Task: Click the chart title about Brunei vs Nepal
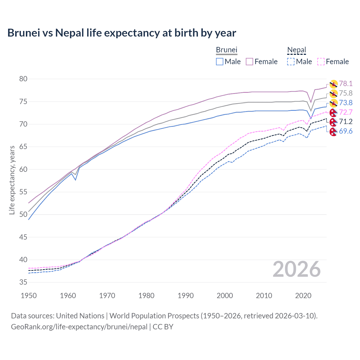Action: [x=121, y=33]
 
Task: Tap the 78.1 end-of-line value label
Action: [x=346, y=84]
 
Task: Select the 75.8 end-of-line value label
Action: [x=346, y=93]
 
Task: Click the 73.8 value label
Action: [x=346, y=103]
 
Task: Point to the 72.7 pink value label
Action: [x=346, y=112]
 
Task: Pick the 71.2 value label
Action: [x=346, y=121]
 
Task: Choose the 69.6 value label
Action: [x=346, y=131]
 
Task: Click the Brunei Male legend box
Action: [x=220, y=62]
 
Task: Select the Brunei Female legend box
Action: [x=249, y=62]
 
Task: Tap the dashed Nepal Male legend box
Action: [x=291, y=62]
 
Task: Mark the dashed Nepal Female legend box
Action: [x=321, y=62]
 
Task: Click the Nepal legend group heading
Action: [x=296, y=50]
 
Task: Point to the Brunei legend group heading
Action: [x=226, y=50]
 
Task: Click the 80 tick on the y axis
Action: [x=23, y=79]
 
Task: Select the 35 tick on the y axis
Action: [x=23, y=282]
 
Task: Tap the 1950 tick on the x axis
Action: [x=29, y=296]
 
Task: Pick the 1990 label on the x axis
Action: [x=186, y=296]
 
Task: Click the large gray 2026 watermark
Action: [x=296, y=269]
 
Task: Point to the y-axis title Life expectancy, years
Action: [x=12, y=180]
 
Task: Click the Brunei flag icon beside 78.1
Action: [x=333, y=84]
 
